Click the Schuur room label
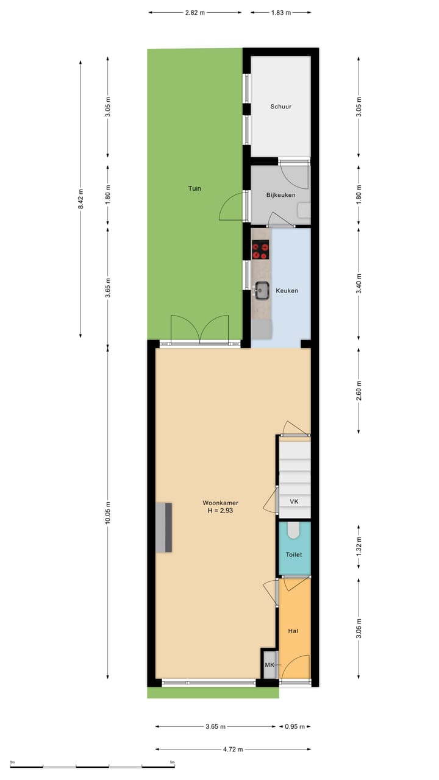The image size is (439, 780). click(x=280, y=107)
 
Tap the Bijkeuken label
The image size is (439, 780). click(x=280, y=195)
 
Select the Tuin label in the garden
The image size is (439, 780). click(x=194, y=188)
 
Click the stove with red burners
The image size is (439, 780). click(x=261, y=248)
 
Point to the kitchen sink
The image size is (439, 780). click(x=262, y=291)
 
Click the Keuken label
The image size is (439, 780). click(x=287, y=291)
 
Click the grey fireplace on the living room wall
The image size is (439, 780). click(x=163, y=527)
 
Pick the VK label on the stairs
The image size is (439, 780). click(x=294, y=502)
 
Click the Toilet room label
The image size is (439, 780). click(x=294, y=555)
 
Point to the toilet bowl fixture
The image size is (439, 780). click(x=294, y=531)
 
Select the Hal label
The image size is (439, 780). click(x=293, y=631)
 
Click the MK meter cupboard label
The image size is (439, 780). click(x=269, y=665)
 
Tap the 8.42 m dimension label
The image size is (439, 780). click(x=80, y=198)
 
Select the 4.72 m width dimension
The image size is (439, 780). click(x=233, y=749)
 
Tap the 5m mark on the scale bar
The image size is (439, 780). click(x=173, y=762)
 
